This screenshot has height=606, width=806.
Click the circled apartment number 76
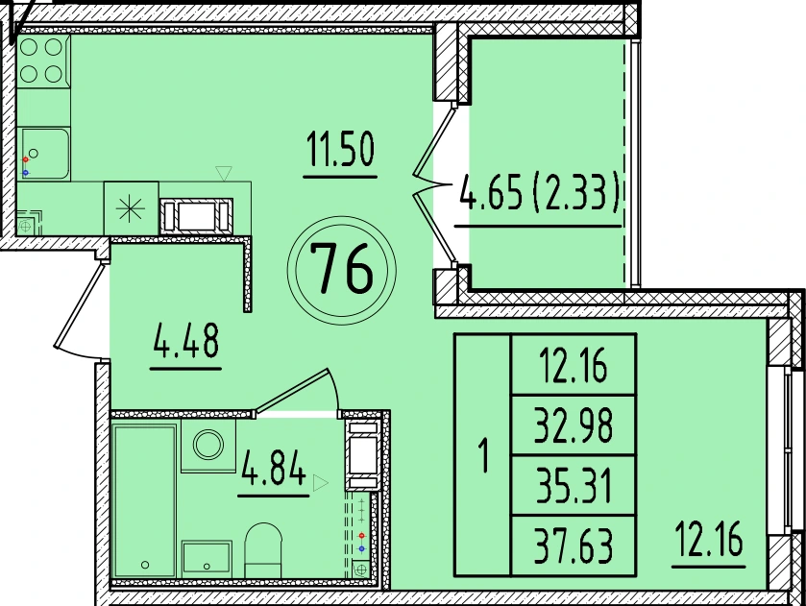coord(342,271)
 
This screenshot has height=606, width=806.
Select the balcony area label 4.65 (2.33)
coord(539,192)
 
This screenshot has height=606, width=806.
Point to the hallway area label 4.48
coord(186,340)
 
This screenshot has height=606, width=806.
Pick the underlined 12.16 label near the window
coord(709,538)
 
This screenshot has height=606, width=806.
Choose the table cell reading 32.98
coord(574,425)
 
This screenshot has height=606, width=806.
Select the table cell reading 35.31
coord(574,485)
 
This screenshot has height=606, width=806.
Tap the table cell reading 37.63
coord(574,545)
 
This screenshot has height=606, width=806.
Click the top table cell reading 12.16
coord(574,365)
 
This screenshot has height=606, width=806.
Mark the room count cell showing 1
coord(482,454)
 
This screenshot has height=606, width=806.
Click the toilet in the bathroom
coord(263,550)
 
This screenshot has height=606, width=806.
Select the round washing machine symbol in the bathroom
coord(208,444)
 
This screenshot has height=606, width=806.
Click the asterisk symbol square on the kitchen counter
coord(131,208)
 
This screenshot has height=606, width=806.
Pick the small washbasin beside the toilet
coord(207,560)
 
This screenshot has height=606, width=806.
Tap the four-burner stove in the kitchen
coord(43,61)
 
